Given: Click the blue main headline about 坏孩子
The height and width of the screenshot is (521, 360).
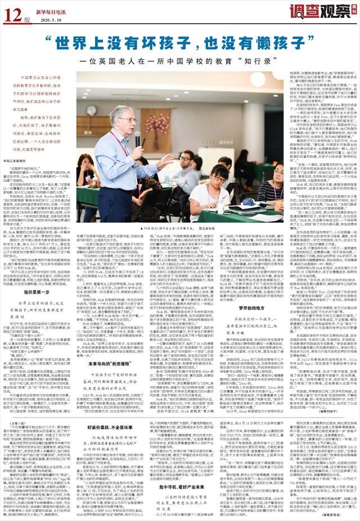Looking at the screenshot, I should tap(181, 42).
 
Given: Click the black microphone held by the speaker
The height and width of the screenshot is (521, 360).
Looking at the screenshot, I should tap(137, 138).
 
